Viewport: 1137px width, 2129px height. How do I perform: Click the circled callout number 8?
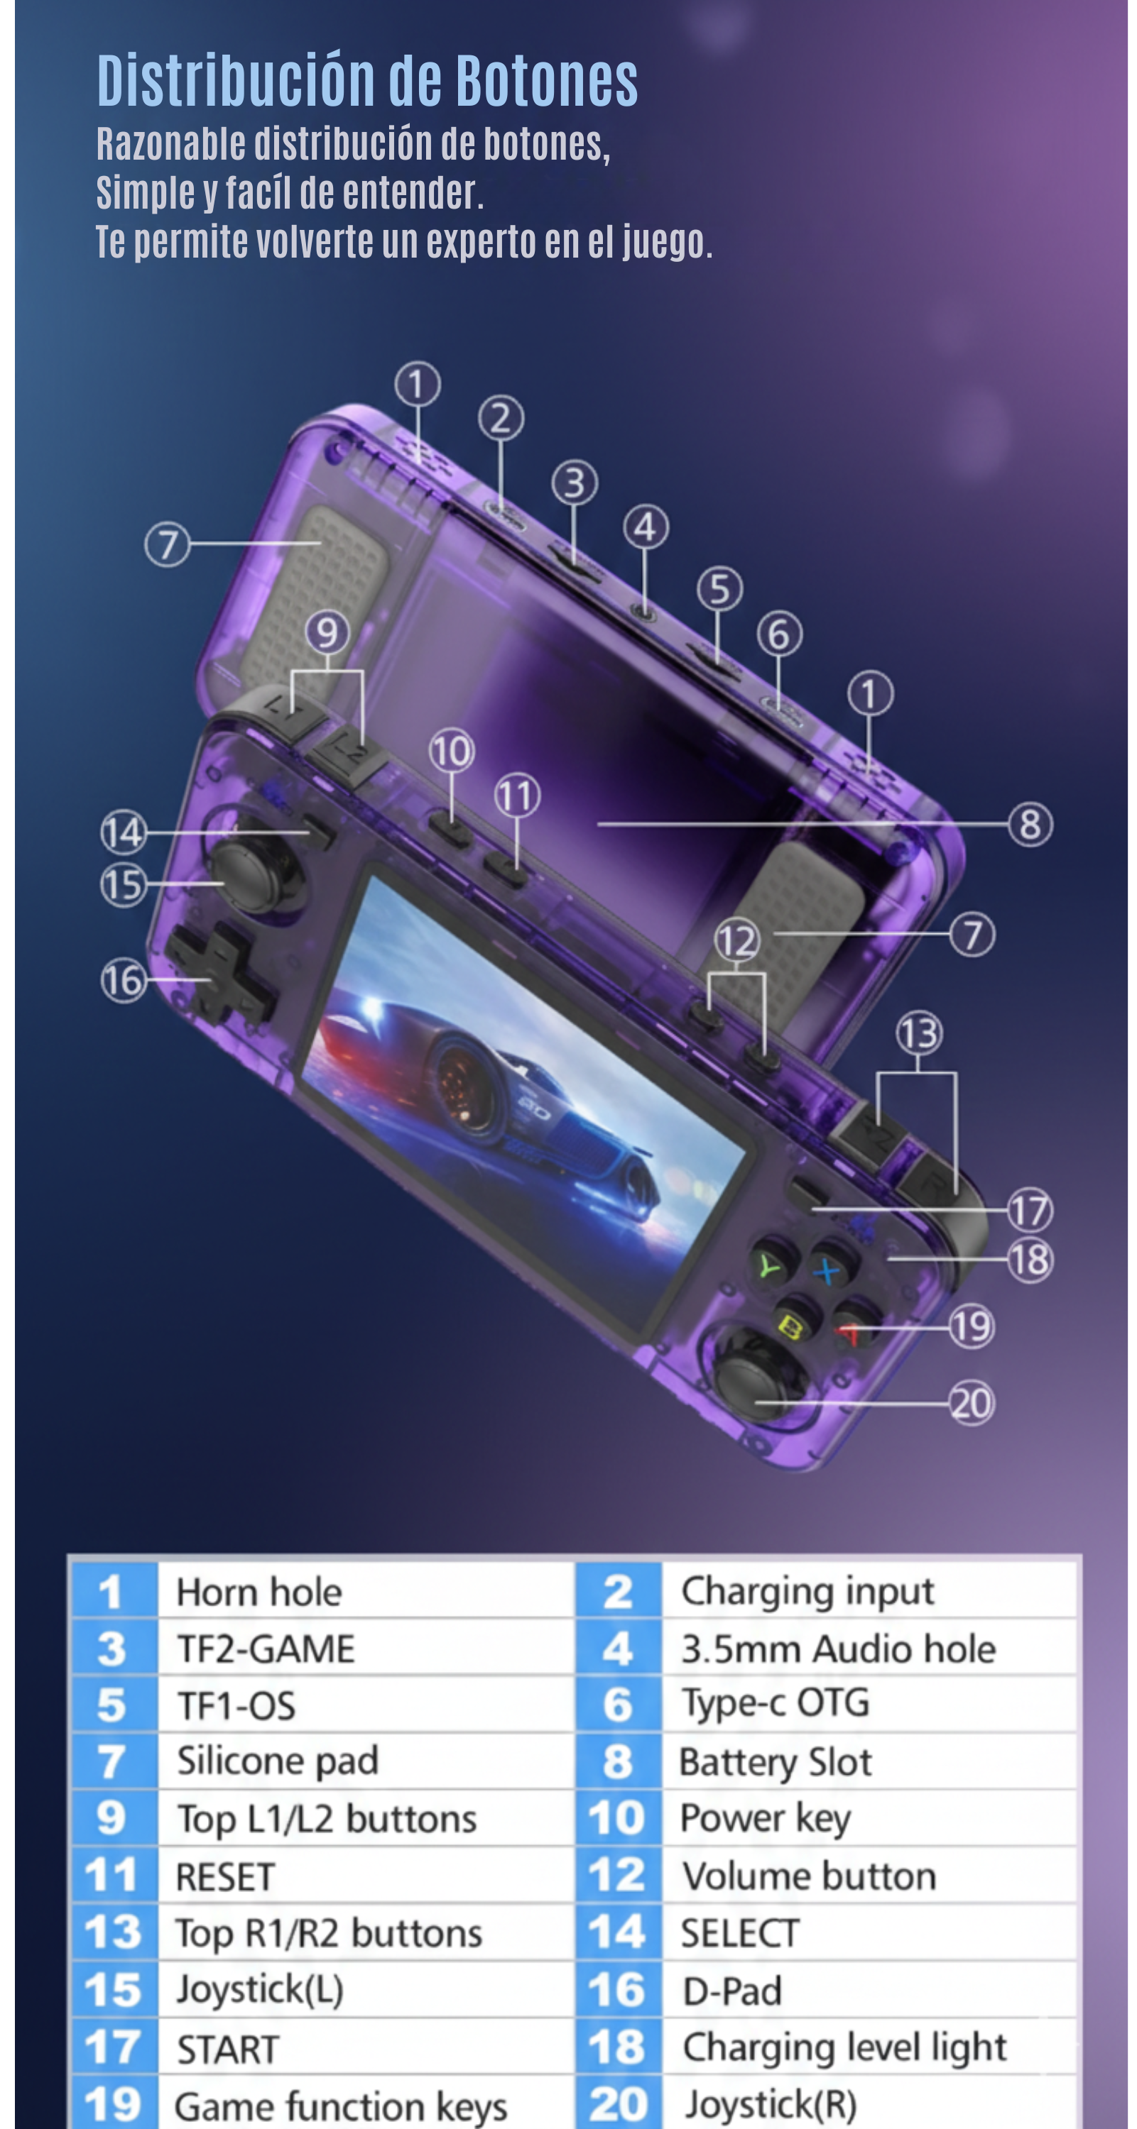(x=1030, y=824)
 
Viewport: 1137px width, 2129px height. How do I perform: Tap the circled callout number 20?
(x=972, y=1403)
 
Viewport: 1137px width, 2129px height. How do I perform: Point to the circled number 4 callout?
(x=645, y=527)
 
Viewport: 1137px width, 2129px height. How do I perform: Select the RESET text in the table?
(x=225, y=1877)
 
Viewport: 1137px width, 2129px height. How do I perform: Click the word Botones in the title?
(x=545, y=81)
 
